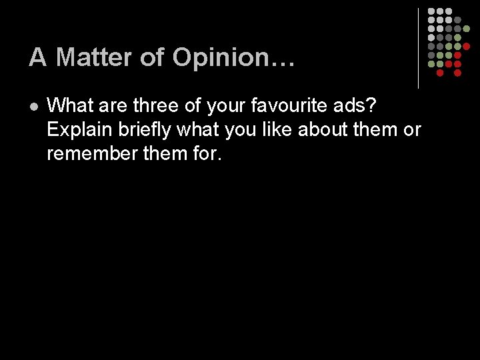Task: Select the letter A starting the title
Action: [37, 58]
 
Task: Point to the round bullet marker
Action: [33, 105]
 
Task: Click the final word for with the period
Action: [204, 153]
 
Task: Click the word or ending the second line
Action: [412, 129]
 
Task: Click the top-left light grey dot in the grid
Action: [431, 12]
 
